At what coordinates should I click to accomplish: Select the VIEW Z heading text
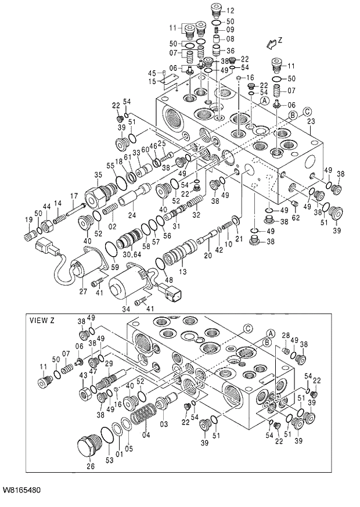42,320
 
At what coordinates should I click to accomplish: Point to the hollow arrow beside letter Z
268,44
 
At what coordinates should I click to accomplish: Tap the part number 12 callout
230,10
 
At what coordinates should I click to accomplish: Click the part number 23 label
311,121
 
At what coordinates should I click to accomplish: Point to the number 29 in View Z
108,364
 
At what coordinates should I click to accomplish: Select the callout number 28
286,336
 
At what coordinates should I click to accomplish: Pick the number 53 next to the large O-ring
109,461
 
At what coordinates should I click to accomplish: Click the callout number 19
28,219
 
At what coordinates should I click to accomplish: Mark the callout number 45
152,73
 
